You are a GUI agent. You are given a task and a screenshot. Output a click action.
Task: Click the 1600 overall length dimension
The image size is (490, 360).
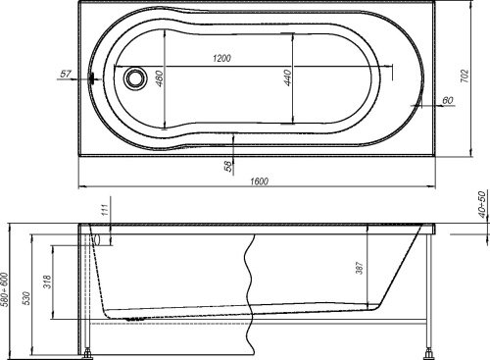261,180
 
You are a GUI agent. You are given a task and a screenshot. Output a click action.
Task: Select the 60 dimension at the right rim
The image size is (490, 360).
446,100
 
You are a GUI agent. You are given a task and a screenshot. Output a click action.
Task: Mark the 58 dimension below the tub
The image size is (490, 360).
228,166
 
